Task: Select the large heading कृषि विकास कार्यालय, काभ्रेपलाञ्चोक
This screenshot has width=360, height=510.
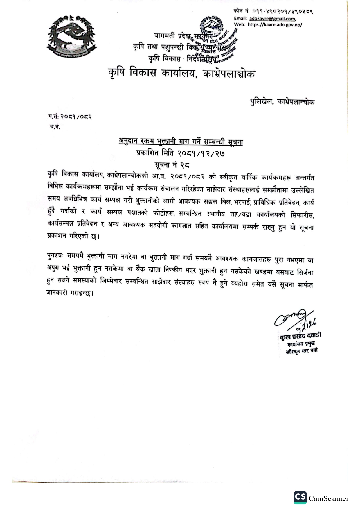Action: click(x=182, y=73)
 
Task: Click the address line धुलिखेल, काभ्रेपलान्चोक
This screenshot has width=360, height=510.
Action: click(x=282, y=102)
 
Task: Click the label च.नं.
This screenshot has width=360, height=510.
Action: click(x=55, y=127)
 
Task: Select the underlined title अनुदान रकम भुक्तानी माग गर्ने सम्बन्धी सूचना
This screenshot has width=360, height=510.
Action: click(x=181, y=142)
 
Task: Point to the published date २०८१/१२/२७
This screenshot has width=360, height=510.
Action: click(x=201, y=153)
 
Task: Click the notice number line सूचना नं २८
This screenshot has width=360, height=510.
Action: click(x=172, y=165)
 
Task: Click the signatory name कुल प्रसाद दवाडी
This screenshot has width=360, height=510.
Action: click(x=300, y=336)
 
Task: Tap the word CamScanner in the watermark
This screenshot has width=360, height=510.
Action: click(x=328, y=499)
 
